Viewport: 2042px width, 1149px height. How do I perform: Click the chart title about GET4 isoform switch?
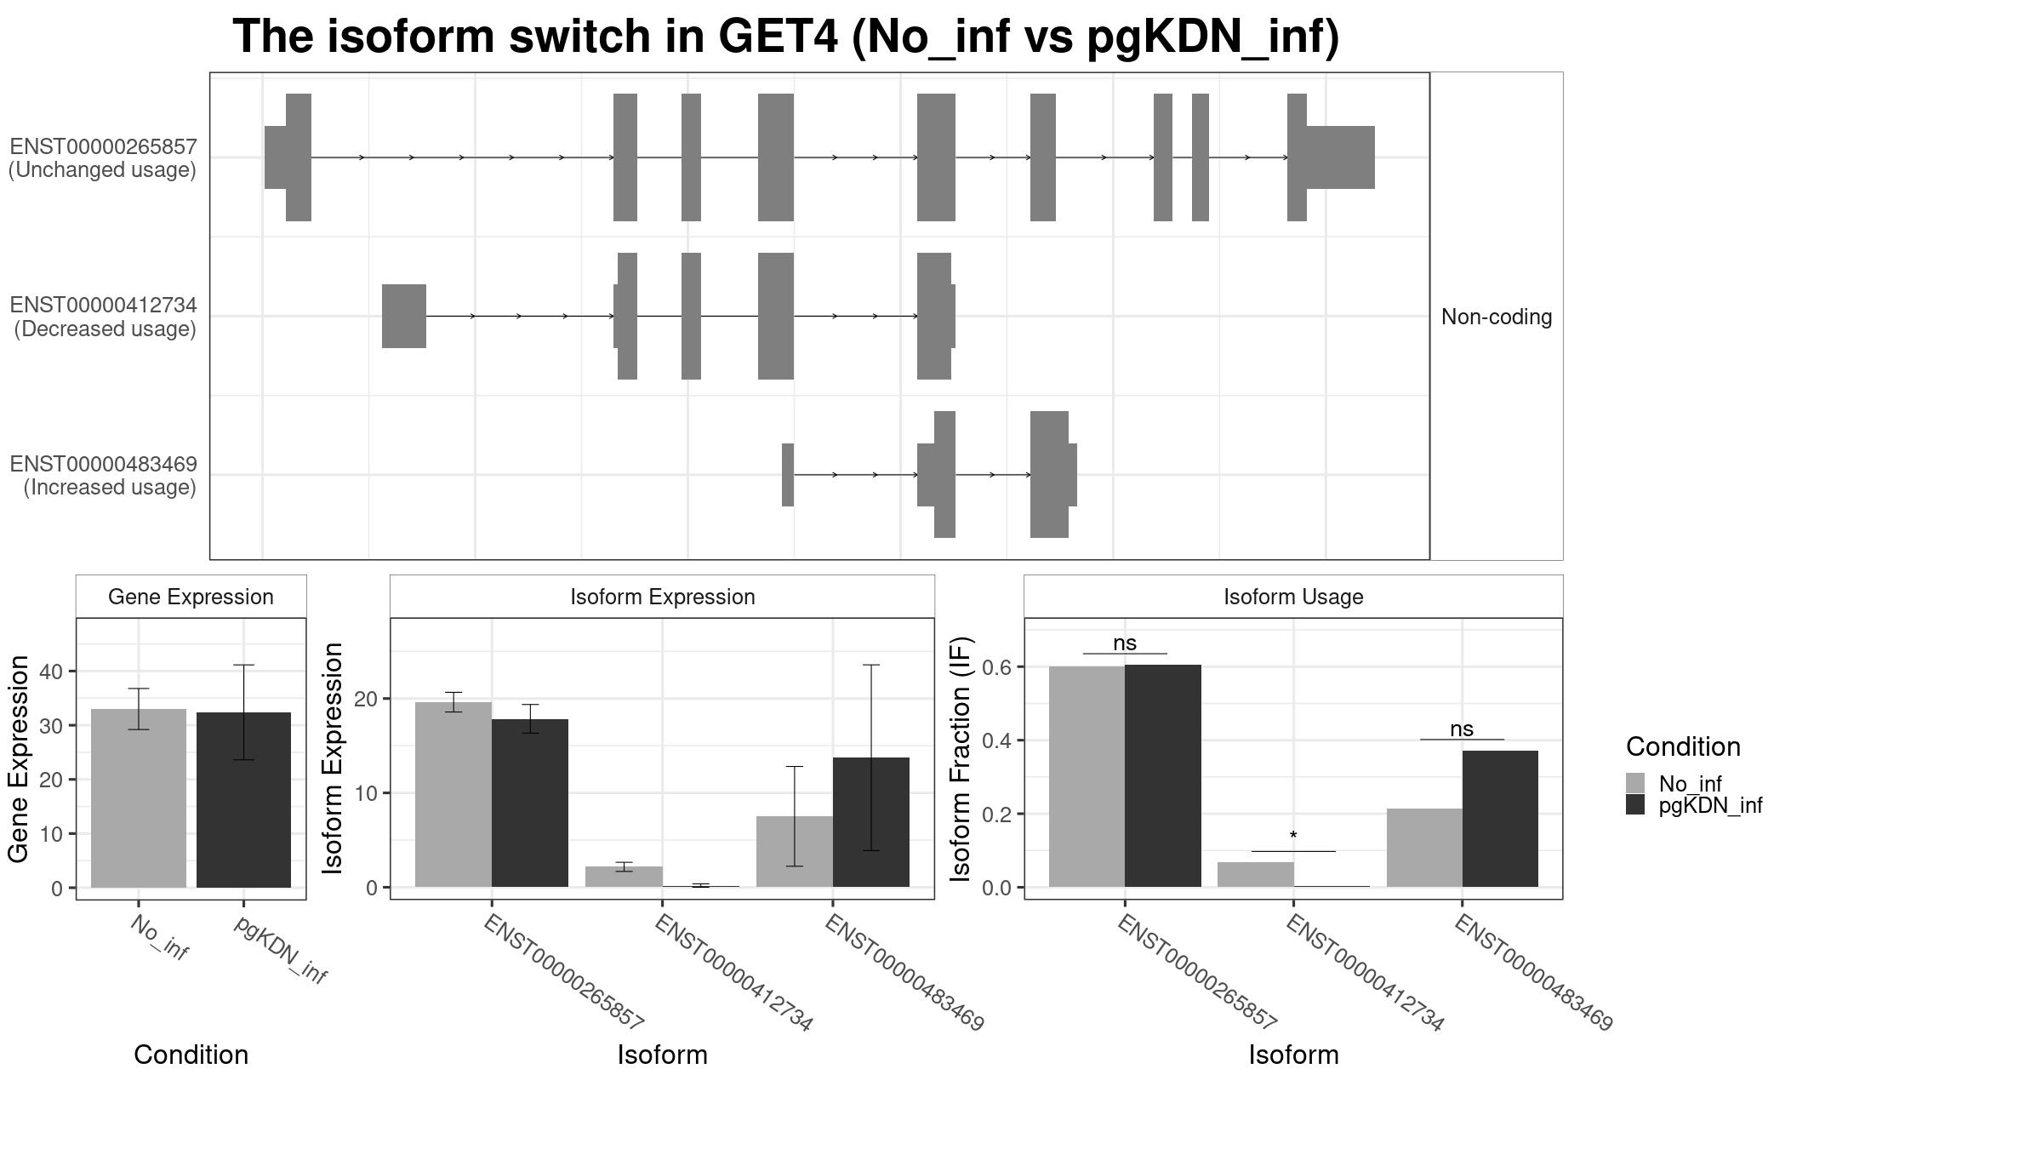point(785,37)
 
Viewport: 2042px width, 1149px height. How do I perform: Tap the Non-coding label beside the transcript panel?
point(1496,317)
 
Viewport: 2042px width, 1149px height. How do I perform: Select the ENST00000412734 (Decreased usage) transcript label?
point(103,317)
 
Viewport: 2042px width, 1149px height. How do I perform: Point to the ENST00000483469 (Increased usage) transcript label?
point(103,476)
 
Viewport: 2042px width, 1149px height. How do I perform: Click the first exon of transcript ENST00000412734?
point(403,316)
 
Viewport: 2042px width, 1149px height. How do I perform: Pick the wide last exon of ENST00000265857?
point(1339,157)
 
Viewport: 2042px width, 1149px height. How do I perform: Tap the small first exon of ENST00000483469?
point(788,475)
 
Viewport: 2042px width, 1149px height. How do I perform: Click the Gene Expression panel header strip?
point(191,597)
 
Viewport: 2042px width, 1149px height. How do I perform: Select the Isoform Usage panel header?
point(1292,597)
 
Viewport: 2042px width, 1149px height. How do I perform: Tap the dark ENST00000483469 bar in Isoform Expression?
point(870,822)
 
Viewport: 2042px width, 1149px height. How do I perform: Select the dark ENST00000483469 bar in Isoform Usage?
point(1500,819)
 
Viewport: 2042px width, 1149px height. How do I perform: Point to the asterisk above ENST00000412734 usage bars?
point(1293,837)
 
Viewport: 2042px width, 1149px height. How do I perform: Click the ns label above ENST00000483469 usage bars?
point(1461,729)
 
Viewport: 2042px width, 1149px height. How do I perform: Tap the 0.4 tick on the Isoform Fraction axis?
point(998,740)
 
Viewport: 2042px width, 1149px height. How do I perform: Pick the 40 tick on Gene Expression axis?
point(51,672)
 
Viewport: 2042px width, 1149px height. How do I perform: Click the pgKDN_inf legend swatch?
point(1634,805)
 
